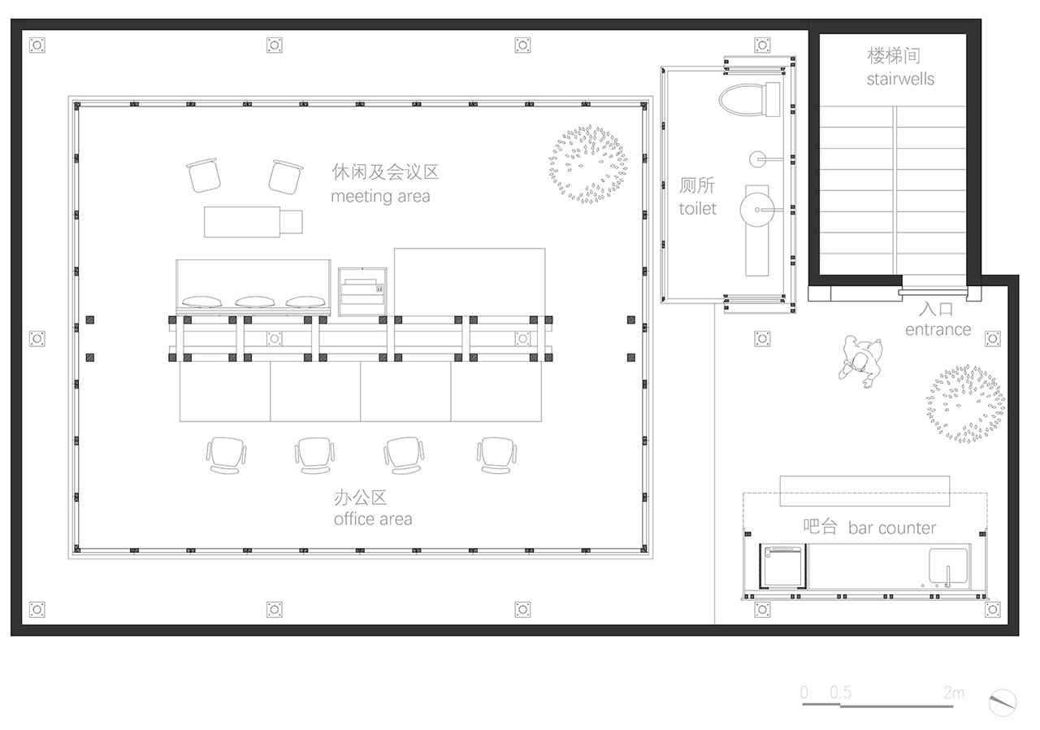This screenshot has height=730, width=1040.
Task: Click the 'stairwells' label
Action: coord(900,79)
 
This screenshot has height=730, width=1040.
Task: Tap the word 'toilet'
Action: coord(697,208)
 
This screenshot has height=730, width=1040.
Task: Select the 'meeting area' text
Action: coord(380,197)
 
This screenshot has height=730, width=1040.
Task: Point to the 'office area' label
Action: coord(373,519)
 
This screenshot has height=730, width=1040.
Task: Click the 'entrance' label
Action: coord(938,329)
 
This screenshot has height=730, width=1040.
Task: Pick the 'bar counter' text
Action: coord(892,528)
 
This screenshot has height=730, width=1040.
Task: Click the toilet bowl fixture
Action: coord(750,100)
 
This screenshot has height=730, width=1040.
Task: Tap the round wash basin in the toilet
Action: coord(756,210)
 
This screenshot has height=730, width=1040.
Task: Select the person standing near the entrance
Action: coord(860,361)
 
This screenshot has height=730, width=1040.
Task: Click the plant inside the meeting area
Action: coord(587,164)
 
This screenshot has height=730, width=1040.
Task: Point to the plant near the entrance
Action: coord(965,403)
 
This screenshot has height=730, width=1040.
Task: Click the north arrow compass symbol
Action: coord(1003,702)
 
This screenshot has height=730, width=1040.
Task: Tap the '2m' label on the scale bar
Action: coord(954,693)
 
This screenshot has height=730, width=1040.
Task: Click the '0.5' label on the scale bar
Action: coord(841,693)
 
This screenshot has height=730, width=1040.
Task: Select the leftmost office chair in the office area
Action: coord(226,455)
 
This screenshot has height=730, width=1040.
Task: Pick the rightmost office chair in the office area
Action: coord(496,455)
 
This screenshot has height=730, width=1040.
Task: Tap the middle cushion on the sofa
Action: coord(255,302)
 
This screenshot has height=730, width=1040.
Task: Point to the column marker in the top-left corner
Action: coord(37,46)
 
